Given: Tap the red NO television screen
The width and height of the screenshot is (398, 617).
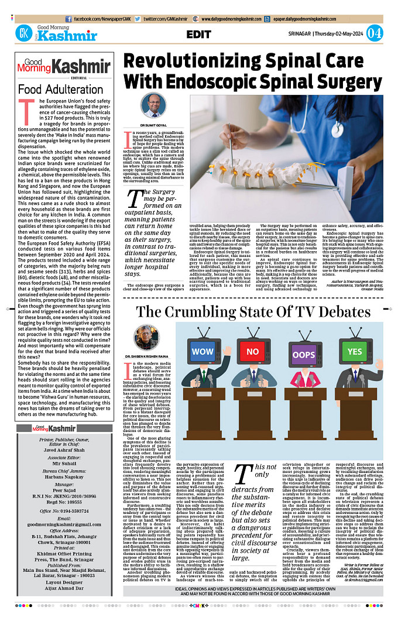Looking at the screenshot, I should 252,352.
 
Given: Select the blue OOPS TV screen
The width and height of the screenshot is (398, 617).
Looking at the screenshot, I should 303,355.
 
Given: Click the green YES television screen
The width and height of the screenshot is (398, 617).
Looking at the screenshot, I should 354,352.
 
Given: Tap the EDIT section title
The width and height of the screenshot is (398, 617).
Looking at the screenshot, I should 198,34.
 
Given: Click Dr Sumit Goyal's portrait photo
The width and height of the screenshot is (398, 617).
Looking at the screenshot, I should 150,106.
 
